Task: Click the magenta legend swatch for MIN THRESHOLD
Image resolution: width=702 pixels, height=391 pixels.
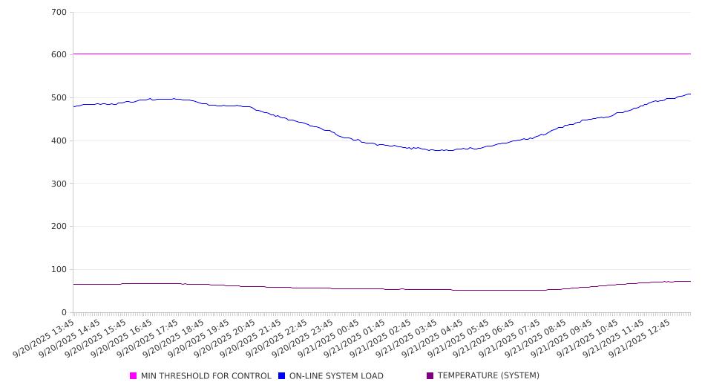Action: click(134, 376)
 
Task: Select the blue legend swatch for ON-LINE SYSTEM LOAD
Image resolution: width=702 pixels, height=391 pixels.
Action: click(282, 376)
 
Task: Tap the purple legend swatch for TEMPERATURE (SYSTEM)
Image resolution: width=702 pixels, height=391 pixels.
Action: click(430, 376)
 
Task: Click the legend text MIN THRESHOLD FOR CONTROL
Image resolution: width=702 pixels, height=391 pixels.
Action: click(206, 376)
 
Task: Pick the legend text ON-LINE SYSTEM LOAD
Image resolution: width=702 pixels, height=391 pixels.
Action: click(336, 376)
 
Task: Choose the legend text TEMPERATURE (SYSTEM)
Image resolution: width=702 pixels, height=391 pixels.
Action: click(488, 376)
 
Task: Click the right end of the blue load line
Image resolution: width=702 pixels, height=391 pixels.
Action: click(690, 94)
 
